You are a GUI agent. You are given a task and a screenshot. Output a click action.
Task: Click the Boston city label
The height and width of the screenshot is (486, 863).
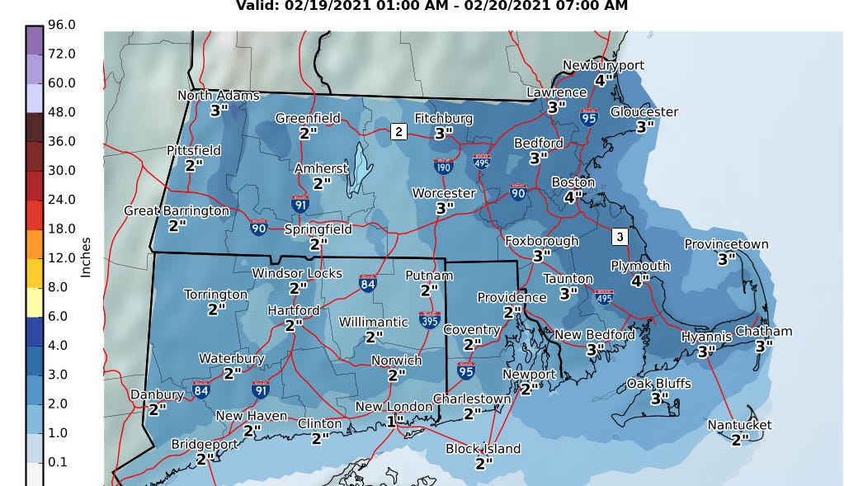point(573,182)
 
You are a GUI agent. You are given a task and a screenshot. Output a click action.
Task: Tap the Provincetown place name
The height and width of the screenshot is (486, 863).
point(726,244)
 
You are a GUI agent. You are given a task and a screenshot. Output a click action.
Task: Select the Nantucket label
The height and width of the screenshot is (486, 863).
point(739,425)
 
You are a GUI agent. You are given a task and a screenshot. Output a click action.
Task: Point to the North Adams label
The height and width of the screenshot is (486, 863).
point(219,96)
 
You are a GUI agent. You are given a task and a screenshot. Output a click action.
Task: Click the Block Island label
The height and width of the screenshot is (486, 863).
point(483,449)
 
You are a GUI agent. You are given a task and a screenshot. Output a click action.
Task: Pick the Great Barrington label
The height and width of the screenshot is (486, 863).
point(177,211)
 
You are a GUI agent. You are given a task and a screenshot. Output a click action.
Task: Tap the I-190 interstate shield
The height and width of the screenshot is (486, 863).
point(444,165)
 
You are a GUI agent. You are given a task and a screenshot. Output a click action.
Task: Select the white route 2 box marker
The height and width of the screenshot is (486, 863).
point(398,131)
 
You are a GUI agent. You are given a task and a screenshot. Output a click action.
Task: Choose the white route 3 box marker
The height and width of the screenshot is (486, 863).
point(620,237)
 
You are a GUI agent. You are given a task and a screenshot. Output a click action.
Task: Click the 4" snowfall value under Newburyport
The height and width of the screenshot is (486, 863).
point(603,80)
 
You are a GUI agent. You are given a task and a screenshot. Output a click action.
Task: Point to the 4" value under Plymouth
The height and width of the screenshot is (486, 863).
point(639,281)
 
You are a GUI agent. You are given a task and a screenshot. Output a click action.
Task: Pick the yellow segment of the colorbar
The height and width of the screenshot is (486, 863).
point(34,301)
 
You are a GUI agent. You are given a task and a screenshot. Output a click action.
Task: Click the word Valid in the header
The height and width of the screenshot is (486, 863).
point(259,6)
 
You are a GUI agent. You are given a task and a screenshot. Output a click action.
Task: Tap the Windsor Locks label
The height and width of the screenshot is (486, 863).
point(296,273)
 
